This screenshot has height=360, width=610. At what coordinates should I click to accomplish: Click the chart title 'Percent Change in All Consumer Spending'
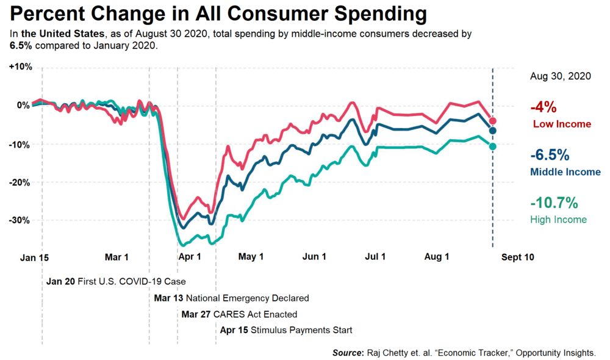click(218, 13)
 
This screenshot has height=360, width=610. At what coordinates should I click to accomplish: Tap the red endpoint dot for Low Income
click(493, 121)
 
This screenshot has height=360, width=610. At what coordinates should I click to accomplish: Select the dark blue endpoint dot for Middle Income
click(493, 131)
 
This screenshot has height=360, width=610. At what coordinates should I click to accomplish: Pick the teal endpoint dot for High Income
click(493, 146)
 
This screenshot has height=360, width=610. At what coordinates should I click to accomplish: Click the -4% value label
click(544, 108)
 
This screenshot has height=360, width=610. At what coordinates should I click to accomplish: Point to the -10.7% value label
click(554, 203)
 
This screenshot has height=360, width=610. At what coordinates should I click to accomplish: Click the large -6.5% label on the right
click(550, 155)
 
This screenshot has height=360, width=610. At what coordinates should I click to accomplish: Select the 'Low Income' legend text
click(562, 124)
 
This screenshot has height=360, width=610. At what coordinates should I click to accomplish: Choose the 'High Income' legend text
click(558, 220)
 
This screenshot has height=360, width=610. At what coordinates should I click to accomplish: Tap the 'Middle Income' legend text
click(565, 172)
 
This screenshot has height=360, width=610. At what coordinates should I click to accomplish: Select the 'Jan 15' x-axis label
click(34, 257)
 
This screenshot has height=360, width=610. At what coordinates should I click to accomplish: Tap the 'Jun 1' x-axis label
click(314, 257)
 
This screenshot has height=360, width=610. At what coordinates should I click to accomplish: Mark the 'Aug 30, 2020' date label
click(560, 77)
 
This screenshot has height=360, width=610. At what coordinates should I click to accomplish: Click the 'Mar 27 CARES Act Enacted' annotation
click(240, 315)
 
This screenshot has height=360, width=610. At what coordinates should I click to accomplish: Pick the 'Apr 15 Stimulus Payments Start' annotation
click(286, 330)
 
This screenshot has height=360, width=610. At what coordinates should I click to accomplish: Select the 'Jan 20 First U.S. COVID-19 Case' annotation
click(117, 282)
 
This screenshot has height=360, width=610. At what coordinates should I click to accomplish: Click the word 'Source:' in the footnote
click(347, 353)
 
